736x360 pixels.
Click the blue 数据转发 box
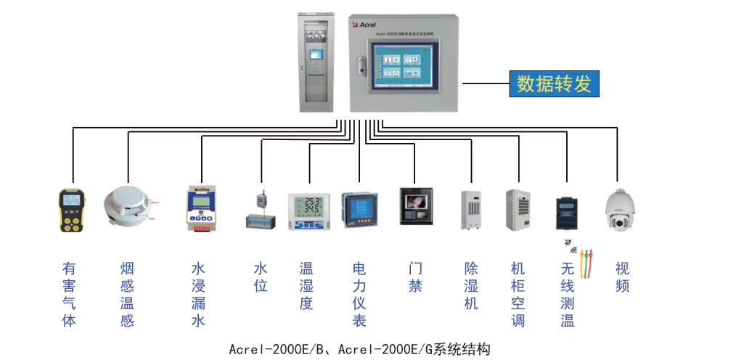click(555, 83)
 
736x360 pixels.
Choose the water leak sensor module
click(200, 209)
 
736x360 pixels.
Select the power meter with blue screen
click(359, 210)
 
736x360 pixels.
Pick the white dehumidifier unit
click(470, 210)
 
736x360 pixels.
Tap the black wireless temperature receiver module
click(566, 213)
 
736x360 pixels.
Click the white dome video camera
click(618, 210)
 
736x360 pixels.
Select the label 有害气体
click(69, 295)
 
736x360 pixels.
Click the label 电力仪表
click(359, 295)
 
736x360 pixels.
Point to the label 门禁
click(415, 277)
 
